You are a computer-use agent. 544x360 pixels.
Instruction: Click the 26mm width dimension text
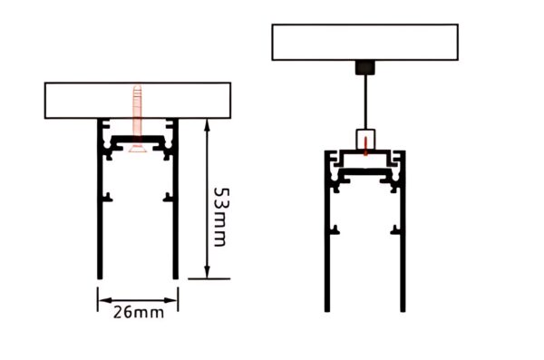pyautogui.click(x=138, y=312)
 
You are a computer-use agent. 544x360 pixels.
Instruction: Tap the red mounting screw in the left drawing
pyautogui.click(x=138, y=113)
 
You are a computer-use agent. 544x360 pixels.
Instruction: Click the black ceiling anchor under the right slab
pyautogui.click(x=364, y=66)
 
